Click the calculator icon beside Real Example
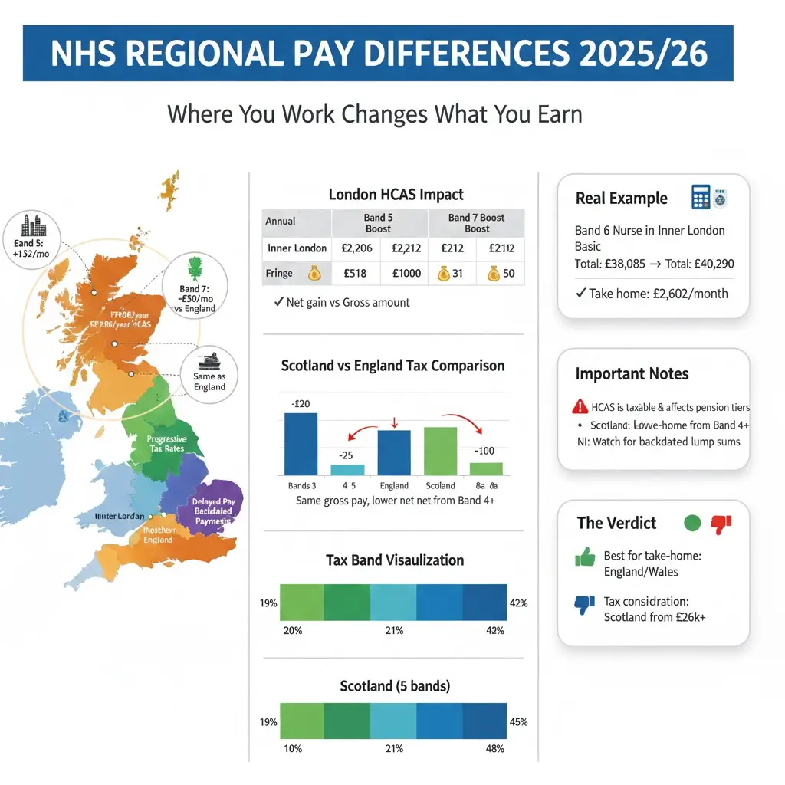tap(701, 197)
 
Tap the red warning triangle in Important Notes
tap(579, 407)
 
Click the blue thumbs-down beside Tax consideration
tap(585, 604)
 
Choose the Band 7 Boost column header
tap(476, 223)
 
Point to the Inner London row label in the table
tap(297, 248)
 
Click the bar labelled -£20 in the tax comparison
tap(301, 444)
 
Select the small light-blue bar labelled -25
tap(347, 470)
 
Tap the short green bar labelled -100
tap(486, 468)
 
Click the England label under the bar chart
tap(394, 485)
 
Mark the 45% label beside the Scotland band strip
tap(518, 722)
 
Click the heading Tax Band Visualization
tap(394, 560)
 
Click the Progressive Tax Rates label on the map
tap(166, 444)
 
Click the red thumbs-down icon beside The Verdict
tap(721, 524)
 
